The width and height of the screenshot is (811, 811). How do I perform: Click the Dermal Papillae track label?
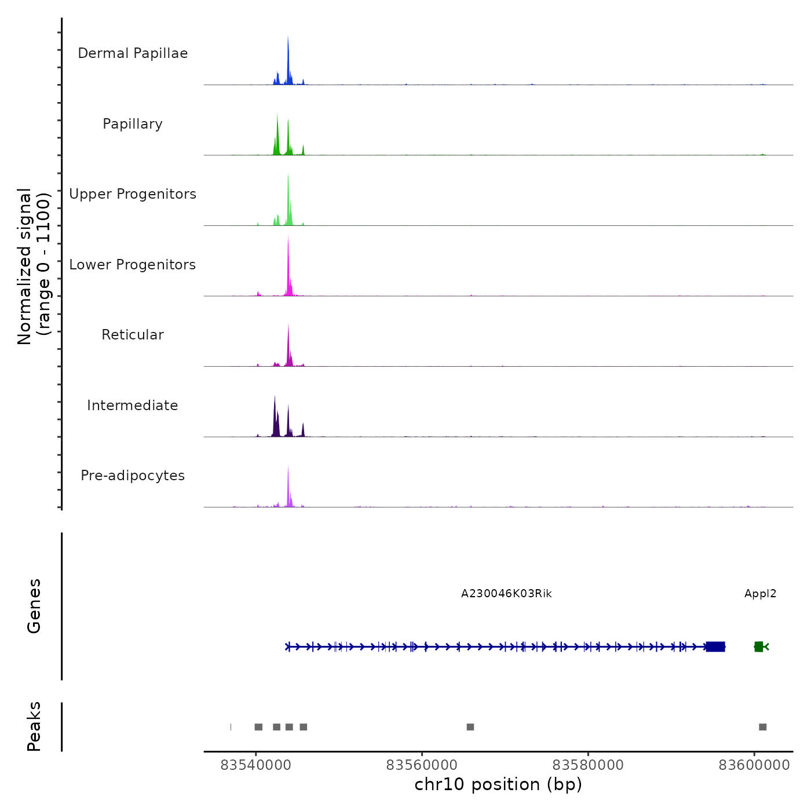(x=133, y=53)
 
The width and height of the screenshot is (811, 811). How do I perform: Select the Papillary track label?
(x=133, y=124)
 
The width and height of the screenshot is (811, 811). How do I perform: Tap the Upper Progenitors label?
(x=133, y=194)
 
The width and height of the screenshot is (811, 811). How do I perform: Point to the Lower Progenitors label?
(x=133, y=265)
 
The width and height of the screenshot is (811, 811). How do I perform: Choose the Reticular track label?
(x=133, y=335)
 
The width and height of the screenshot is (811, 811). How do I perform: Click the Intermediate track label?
(x=133, y=405)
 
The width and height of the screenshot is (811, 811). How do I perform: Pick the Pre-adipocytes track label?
(x=133, y=476)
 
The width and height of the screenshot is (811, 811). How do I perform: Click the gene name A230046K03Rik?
(x=506, y=594)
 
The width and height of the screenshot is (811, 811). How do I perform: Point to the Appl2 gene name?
(x=760, y=594)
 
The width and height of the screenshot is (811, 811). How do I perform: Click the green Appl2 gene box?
(x=759, y=646)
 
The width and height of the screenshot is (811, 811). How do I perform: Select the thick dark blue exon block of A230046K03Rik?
(x=716, y=646)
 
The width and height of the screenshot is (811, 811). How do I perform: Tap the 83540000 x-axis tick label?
(x=256, y=765)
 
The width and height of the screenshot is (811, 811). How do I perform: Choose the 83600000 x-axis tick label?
(x=754, y=765)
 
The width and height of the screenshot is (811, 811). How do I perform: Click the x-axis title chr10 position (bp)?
(x=498, y=784)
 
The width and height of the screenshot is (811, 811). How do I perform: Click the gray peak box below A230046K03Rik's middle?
(x=470, y=727)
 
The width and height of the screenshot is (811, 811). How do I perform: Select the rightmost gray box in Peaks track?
(x=763, y=727)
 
